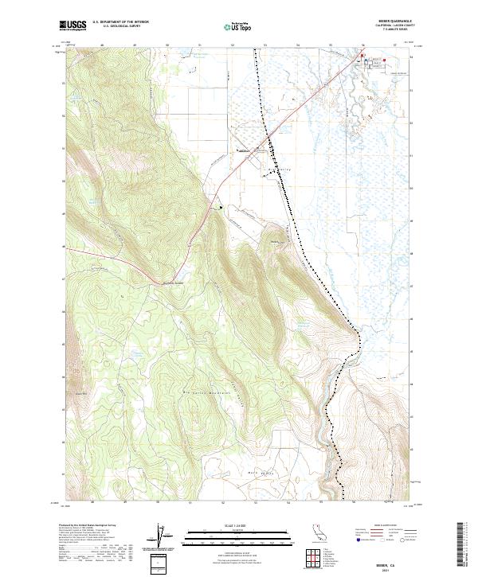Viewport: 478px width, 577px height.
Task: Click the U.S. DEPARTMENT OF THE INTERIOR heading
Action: point(120,22)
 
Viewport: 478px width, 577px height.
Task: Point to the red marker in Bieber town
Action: point(362,57)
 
